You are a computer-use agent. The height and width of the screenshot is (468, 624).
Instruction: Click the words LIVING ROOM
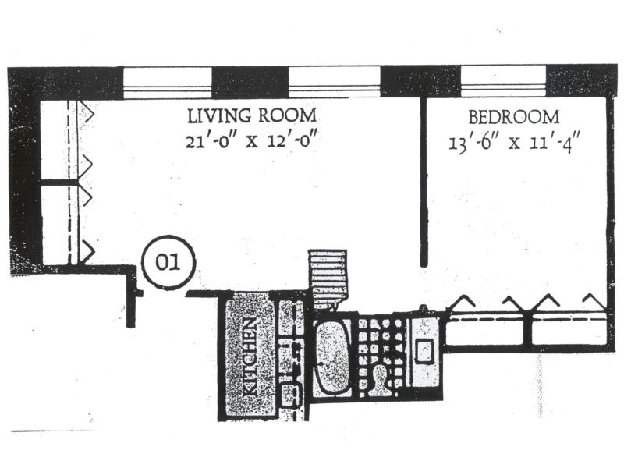tap(251, 116)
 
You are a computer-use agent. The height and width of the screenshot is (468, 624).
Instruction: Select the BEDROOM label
tap(513, 118)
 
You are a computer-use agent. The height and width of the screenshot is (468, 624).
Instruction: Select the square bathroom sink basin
tap(425, 350)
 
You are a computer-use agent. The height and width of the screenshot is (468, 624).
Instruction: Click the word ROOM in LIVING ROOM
tap(287, 116)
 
